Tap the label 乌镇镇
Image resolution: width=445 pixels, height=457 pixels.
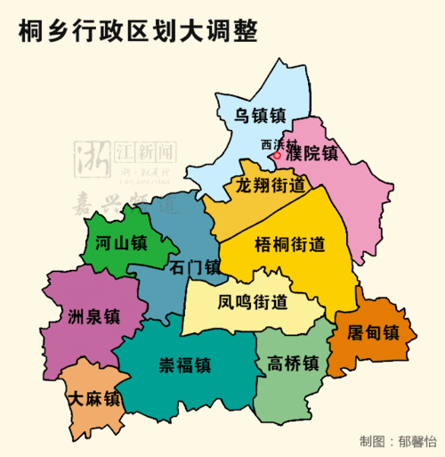(260, 115)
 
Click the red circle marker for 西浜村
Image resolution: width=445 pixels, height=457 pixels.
(277, 155)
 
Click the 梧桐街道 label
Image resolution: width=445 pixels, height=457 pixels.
(289, 244)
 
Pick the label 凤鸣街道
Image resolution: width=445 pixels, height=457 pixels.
(252, 301)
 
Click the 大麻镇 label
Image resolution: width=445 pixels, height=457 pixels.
(94, 399)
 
